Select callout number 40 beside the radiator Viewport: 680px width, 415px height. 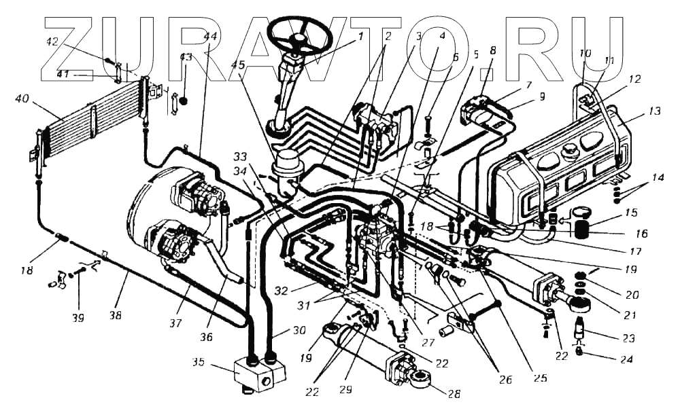coord(21,99)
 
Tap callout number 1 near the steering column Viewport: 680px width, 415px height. coord(360,35)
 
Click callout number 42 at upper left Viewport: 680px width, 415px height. coord(52,41)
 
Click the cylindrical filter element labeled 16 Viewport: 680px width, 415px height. coord(580,225)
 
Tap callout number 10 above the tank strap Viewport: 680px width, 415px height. coord(585,53)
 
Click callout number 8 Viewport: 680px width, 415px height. coord(492,50)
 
